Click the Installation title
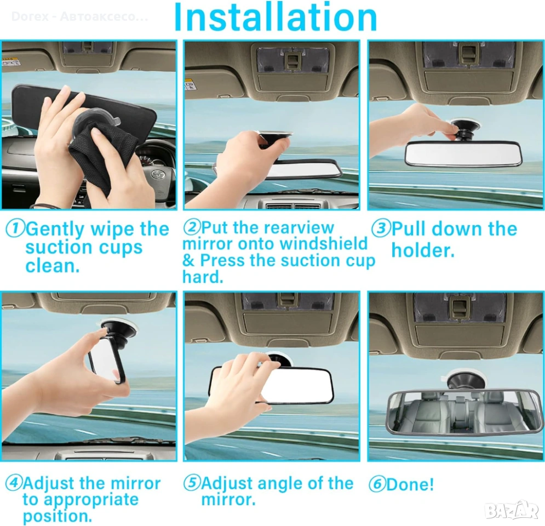(x=276, y=17)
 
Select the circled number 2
(x=192, y=227)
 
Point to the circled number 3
(x=381, y=228)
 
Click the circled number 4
(x=14, y=483)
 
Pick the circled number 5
(x=192, y=483)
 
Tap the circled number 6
(x=377, y=484)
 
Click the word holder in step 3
(x=423, y=250)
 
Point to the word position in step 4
(x=58, y=516)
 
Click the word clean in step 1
(x=53, y=266)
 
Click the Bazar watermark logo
(x=512, y=510)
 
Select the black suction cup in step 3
(x=466, y=129)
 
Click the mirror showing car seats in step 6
(x=464, y=413)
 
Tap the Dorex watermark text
(x=80, y=16)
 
